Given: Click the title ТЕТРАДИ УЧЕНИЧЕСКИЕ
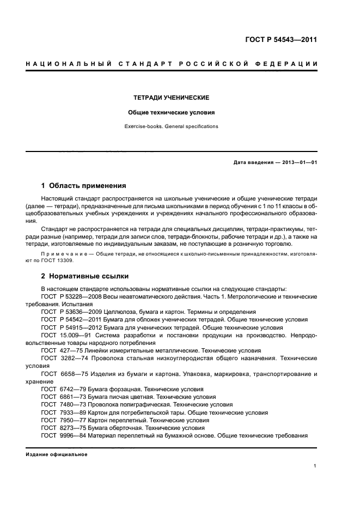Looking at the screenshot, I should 172,98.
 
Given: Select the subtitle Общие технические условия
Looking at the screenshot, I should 172,113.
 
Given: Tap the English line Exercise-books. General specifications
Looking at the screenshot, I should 172,126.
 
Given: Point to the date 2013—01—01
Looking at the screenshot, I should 298,162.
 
